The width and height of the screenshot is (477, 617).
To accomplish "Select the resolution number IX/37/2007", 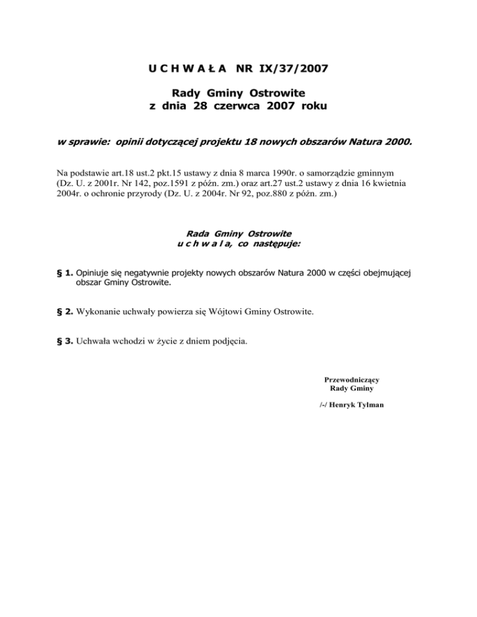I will coord(293,66).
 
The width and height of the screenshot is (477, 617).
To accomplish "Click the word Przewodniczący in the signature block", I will coord(352,379).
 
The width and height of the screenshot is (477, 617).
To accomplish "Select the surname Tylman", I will coord(368,405).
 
